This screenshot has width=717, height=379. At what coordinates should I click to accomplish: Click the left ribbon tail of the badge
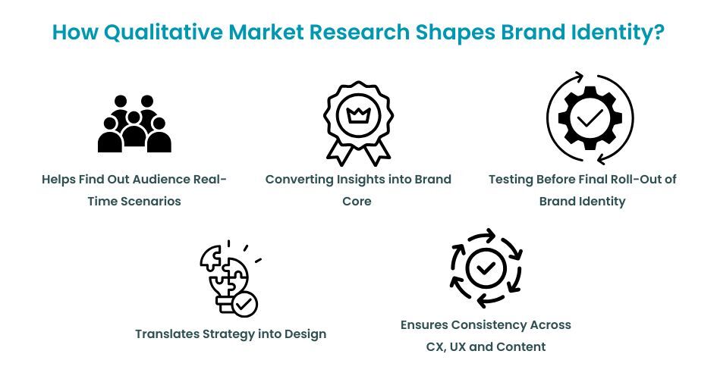point(338,152)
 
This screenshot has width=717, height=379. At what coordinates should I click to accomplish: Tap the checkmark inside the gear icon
point(590,117)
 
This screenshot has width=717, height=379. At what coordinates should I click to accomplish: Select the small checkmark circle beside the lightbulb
point(244,304)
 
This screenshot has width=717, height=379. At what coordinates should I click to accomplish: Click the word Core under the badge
point(357,201)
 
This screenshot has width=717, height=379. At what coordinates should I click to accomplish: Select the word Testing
point(512,180)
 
